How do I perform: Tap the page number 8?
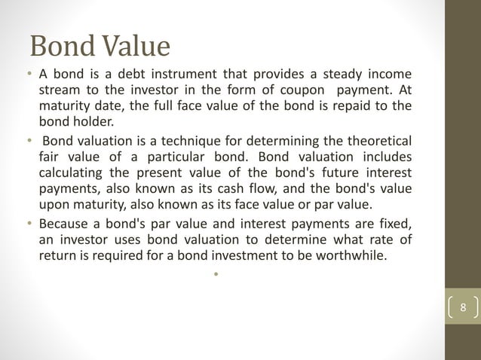(463, 308)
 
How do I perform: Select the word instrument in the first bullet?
(179, 74)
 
